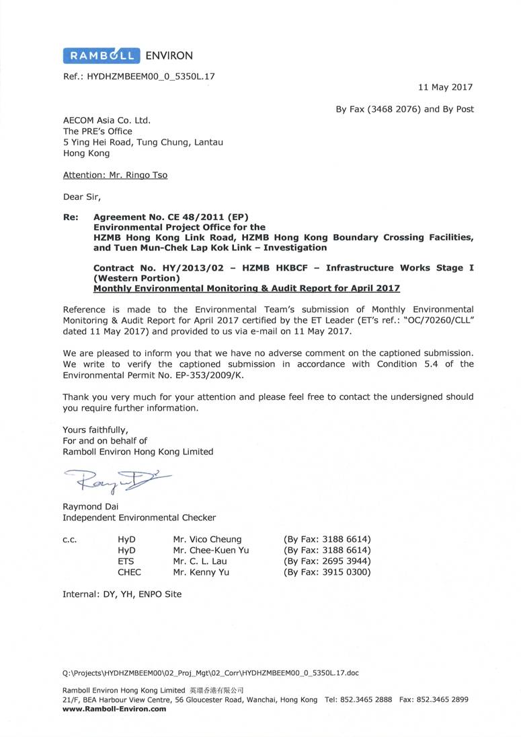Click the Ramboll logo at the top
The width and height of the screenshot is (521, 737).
pyautogui.click(x=102, y=55)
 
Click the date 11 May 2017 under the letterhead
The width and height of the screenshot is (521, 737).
pyautogui.click(x=445, y=87)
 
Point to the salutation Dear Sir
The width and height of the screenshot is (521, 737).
pyautogui.click(x=81, y=197)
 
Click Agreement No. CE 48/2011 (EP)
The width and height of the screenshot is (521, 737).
pyautogui.click(x=171, y=217)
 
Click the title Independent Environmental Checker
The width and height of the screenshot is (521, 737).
pyautogui.click(x=139, y=518)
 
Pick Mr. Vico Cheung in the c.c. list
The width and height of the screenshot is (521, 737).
pyautogui.click(x=207, y=539)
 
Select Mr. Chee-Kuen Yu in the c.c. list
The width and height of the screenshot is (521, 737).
pyautogui.click(x=210, y=550)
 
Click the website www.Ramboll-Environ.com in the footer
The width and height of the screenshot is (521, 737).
pyautogui.click(x=114, y=708)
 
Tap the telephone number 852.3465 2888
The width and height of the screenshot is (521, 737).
pyautogui.click(x=368, y=699)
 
